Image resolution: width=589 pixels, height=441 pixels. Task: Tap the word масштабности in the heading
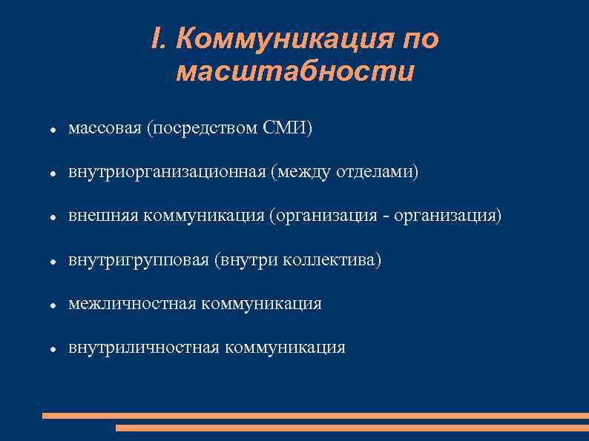point(295,72)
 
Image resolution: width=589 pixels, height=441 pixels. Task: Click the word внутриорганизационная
point(167,172)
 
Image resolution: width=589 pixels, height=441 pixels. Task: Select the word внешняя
point(103,216)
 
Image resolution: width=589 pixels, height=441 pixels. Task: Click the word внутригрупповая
point(138,259)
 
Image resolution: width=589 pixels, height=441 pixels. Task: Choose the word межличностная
point(132,303)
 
